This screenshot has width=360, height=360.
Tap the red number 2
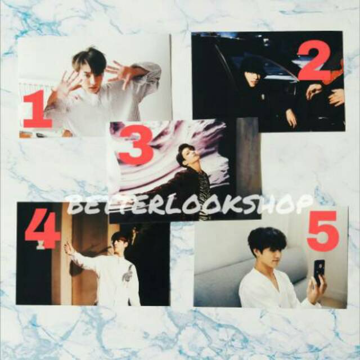coord(314,62)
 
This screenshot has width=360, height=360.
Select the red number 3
coord(136,145)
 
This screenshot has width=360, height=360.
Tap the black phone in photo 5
coord(319,270)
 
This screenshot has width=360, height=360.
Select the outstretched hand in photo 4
coord(69,248)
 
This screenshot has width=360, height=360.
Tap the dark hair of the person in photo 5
coord(267,238)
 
